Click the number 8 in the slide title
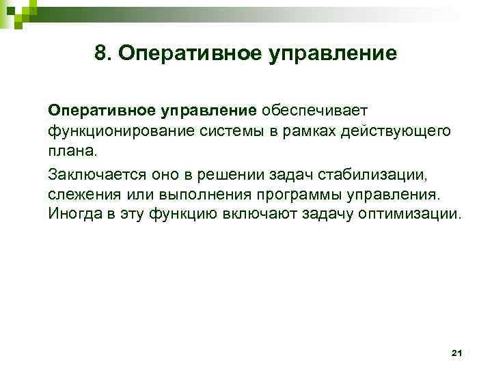[101, 53]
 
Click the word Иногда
[72, 214]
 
